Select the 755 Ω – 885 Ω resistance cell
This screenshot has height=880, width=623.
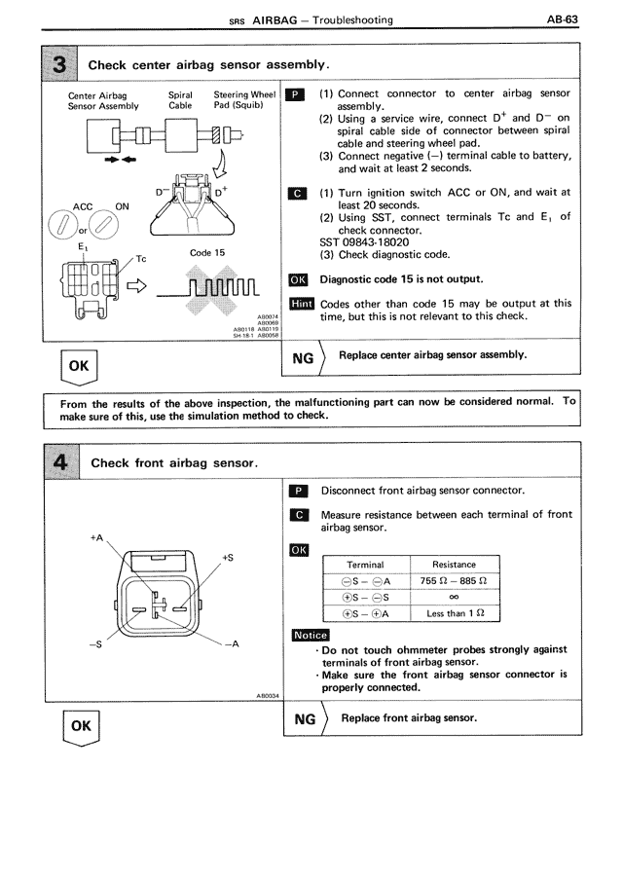[454, 581]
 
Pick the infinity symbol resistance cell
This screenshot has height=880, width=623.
[454, 598]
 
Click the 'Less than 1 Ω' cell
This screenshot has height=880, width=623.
[454, 614]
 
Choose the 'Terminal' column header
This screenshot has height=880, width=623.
[365, 565]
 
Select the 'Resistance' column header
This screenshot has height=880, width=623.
[454, 565]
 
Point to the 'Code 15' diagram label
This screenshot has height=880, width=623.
[207, 253]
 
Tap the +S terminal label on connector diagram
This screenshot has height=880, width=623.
[228, 558]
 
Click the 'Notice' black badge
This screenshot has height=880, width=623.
[311, 636]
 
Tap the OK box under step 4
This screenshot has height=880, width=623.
[80, 725]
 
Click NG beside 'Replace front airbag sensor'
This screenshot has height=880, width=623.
[304, 718]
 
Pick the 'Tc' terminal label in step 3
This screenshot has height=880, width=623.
[140, 259]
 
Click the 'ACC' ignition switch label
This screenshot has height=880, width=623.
[83, 206]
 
